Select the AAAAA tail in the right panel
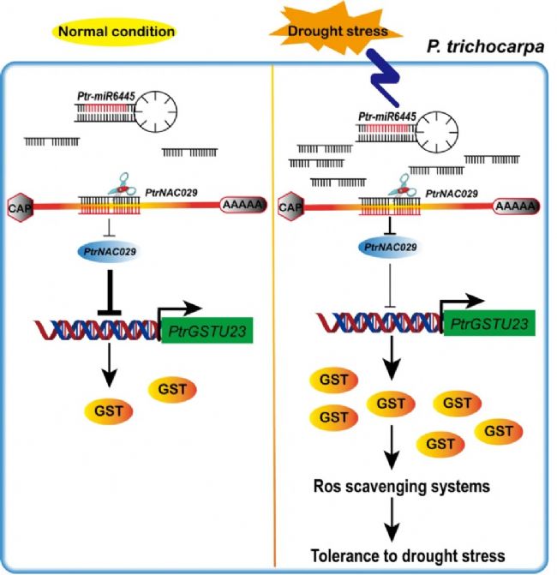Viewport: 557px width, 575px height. [516, 206]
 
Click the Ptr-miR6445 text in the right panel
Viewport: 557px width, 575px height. [383, 116]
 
